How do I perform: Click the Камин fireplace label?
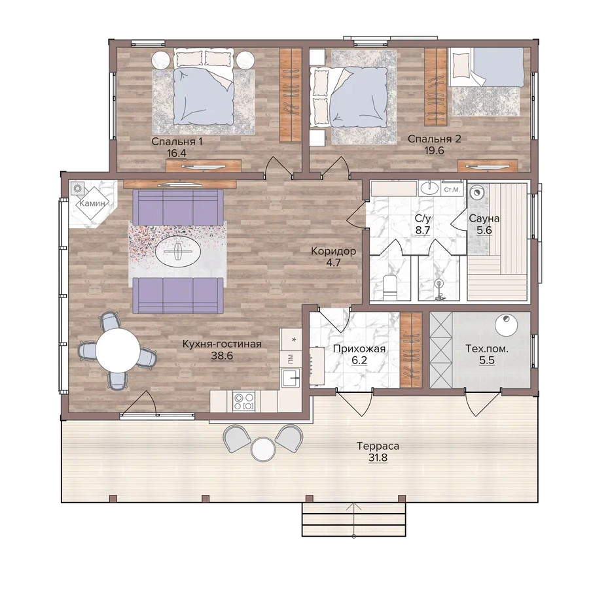coord(92,203)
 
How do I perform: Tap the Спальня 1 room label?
coord(177,141)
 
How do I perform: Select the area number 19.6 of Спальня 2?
coord(434,150)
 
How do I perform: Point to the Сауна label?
coord(484,218)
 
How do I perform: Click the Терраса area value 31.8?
coord(378,458)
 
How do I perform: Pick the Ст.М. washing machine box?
coord(452,190)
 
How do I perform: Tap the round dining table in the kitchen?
coord(118,350)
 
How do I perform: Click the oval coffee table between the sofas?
coord(178,251)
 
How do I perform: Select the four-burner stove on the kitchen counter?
coord(244,401)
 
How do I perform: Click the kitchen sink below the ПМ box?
coord(291,377)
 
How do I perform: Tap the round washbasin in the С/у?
coord(429,188)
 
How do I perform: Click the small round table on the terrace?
coord(263,449)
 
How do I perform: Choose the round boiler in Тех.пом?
coord(506,325)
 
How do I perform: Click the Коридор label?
coord(334,250)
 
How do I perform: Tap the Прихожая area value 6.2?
coord(359,361)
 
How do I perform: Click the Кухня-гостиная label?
coord(222,344)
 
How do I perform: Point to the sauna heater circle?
coord(476,192)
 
